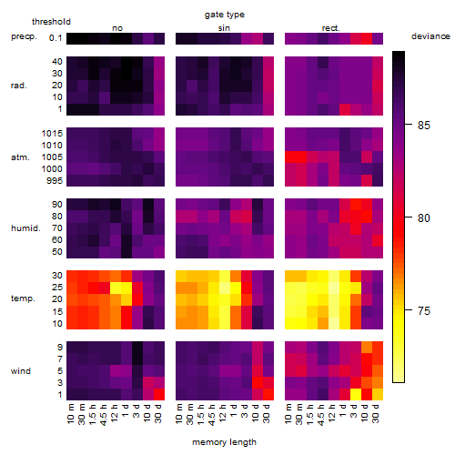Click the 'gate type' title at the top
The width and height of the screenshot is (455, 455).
[x=225, y=15]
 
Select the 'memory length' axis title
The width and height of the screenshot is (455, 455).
[x=224, y=442]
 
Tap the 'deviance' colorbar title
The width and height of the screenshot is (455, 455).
[x=430, y=36]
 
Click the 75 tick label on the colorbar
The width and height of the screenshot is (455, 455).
[x=424, y=311]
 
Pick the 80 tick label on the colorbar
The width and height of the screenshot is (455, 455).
[x=424, y=218]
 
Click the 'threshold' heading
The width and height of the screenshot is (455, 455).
[x=51, y=22]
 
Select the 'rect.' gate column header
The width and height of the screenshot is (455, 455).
[x=330, y=28]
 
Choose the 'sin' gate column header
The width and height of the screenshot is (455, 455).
[x=224, y=28]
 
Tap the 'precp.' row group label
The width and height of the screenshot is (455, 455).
[x=24, y=37]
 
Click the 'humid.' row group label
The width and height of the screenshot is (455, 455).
[x=25, y=228]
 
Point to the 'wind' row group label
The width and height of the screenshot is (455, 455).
[x=21, y=371]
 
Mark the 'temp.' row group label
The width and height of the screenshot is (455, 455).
[x=23, y=298]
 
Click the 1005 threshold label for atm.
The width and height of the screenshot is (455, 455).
[x=52, y=157]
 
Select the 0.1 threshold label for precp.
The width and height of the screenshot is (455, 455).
[x=56, y=38]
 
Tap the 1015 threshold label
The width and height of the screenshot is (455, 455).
[x=52, y=134]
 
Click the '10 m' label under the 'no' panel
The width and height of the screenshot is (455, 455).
[x=70, y=413]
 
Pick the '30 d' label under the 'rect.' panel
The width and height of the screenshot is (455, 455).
[x=376, y=413]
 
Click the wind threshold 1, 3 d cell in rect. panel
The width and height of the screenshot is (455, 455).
[x=356, y=394]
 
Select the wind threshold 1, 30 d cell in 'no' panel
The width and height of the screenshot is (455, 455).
[x=159, y=394]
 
